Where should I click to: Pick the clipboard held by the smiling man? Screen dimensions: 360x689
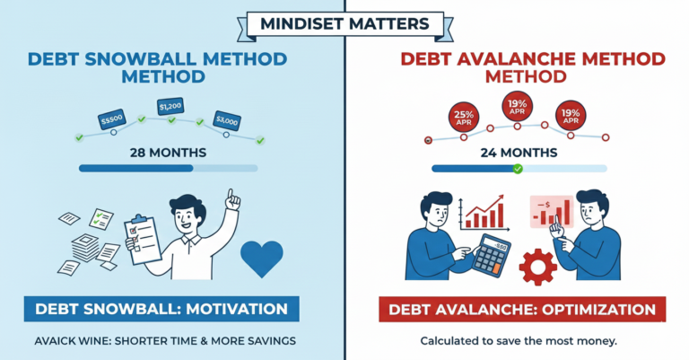(x=147, y=238)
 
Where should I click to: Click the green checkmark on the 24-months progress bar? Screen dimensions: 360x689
(x=517, y=168)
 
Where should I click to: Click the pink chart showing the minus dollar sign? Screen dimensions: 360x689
(x=551, y=212)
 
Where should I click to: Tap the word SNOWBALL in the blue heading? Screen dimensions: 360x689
(x=141, y=59)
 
